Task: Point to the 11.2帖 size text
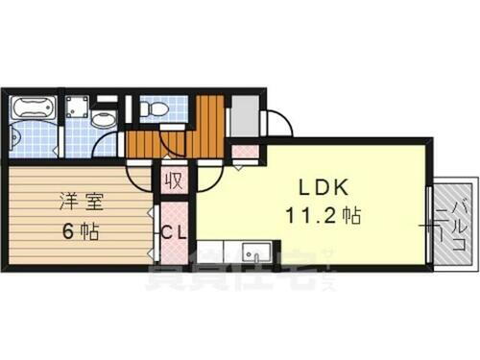(x=321, y=217)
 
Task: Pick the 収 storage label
(x=174, y=180)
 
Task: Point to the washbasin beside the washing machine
(x=104, y=119)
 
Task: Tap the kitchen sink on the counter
(x=255, y=253)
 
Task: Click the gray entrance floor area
(x=244, y=116)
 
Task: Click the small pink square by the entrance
(x=246, y=151)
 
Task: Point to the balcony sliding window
(x=429, y=221)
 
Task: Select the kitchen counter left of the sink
(x=215, y=253)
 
